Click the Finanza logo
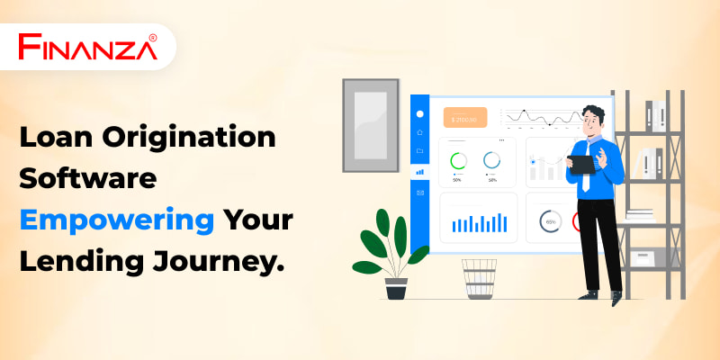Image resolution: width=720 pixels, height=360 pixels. (x=87, y=47)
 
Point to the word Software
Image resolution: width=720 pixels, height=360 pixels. (x=87, y=178)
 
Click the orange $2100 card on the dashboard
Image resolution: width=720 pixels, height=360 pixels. (x=465, y=118)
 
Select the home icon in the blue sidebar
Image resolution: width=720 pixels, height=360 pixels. (x=419, y=132)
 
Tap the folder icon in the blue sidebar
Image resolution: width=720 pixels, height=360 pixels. (x=419, y=150)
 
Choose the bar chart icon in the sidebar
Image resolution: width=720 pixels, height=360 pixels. (x=419, y=172)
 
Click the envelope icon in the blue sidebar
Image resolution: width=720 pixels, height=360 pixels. (x=419, y=193)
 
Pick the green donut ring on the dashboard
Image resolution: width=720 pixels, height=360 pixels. (x=458, y=161)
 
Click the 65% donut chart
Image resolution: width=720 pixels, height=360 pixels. (x=551, y=221)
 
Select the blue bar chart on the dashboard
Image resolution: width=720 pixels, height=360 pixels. (x=480, y=223)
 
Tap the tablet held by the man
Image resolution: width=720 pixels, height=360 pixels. (x=581, y=165)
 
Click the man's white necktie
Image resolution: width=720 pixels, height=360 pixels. (x=586, y=169)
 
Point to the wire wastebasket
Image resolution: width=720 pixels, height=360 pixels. (x=479, y=279)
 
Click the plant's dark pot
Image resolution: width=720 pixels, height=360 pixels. (x=396, y=288)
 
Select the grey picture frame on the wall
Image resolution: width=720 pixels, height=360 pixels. (x=371, y=125)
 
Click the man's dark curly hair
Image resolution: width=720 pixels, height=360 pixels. (x=593, y=112)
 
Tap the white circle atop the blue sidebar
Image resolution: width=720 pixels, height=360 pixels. (x=419, y=114)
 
